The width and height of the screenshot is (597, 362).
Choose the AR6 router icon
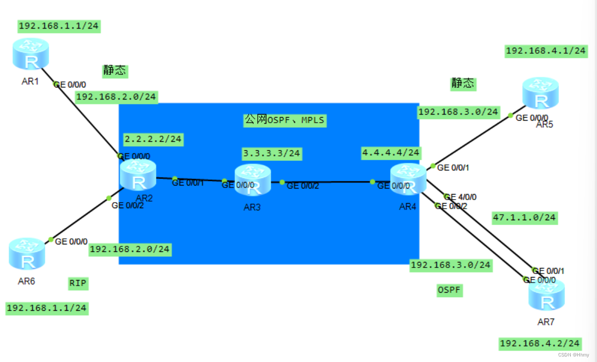coord(27,254)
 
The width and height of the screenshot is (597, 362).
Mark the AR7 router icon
coord(546,296)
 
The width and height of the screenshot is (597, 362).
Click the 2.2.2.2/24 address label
coord(153,138)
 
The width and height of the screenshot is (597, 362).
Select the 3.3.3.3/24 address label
coord(272,153)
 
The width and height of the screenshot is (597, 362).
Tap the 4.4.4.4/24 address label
coord(391,152)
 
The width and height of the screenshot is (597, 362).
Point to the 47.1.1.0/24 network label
coord(524,217)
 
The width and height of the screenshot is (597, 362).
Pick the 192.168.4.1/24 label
coord(546,51)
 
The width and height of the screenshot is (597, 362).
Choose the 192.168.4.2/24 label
coord(540,344)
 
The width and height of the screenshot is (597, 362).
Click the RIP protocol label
coord(78,284)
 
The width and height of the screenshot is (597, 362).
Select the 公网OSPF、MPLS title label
coord(284,120)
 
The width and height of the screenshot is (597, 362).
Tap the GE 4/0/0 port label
coord(460,197)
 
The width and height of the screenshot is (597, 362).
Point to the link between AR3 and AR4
coord(327,182)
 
